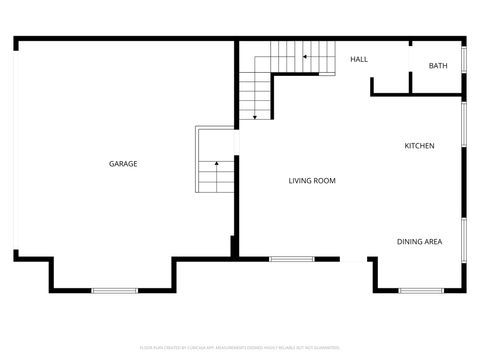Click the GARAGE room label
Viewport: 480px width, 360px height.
pyautogui.click(x=123, y=164)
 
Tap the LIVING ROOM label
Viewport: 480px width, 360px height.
pyautogui.click(x=312, y=181)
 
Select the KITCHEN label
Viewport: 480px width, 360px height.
pyautogui.click(x=419, y=147)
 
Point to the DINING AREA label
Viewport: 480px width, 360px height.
pyautogui.click(x=419, y=241)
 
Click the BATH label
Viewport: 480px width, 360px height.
pyautogui.click(x=438, y=66)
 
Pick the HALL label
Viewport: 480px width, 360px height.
pyautogui.click(x=359, y=59)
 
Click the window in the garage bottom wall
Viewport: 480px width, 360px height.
pyautogui.click(x=114, y=290)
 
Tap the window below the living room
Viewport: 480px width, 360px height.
pyautogui.click(x=292, y=260)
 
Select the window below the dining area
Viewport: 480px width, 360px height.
pyautogui.click(x=420, y=290)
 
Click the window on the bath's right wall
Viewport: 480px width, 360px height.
pyautogui.click(x=464, y=71)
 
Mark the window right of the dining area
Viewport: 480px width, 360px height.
pyautogui.click(x=464, y=240)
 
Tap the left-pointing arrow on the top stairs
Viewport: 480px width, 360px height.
pyautogui.click(x=304, y=58)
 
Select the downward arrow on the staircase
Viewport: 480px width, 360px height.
pyautogui.click(x=255, y=117)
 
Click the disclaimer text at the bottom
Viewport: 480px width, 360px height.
pyautogui.click(x=239, y=348)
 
